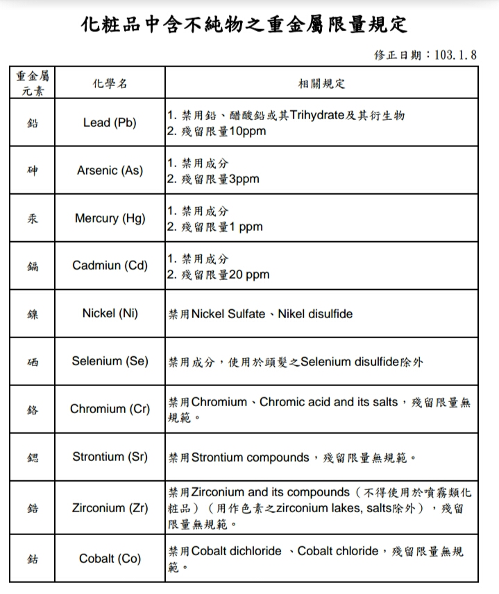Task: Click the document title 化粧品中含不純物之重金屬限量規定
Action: pos(244,25)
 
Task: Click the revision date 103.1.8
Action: pos(455,55)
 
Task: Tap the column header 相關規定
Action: pos(321,83)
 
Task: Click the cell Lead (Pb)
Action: pos(110,123)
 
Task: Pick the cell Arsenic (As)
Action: pos(110,170)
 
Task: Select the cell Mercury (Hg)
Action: pos(110,218)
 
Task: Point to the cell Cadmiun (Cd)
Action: pos(110,265)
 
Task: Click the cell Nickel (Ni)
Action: pos(110,313)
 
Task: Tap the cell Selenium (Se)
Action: pos(110,361)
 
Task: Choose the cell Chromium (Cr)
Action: pos(110,409)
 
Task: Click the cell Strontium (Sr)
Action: pos(110,457)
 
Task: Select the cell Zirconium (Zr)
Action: pos(110,507)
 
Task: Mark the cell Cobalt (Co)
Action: pos(110,558)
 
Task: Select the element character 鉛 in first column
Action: pos(33,123)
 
